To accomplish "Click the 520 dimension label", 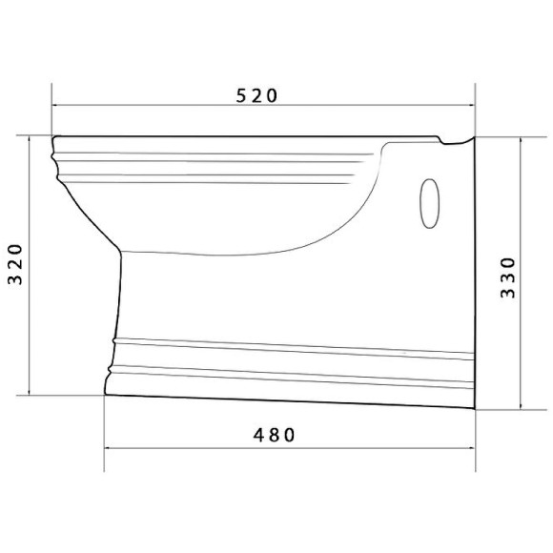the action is [x=256, y=96].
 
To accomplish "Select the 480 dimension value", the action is [x=274, y=435].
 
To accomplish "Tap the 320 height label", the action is [x=15, y=264].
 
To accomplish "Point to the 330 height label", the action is [x=508, y=277].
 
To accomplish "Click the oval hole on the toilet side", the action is [x=430, y=203].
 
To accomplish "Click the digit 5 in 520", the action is [x=240, y=96].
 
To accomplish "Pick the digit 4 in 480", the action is [x=258, y=435].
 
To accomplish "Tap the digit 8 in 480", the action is [x=274, y=435].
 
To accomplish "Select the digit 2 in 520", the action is [x=256, y=96].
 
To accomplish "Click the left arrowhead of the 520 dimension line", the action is [x=54, y=105].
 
